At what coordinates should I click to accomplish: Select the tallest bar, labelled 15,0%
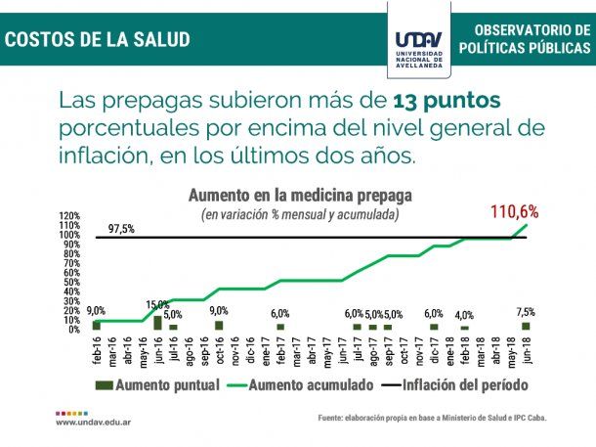coord(157,322)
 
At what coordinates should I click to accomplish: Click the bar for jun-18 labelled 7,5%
coord(526,326)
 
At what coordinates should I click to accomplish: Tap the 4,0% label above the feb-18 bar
coord(464,315)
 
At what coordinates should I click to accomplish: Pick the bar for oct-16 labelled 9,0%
coord(219,325)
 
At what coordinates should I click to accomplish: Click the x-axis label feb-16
coord(97,350)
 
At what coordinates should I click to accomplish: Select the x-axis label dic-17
coord(434,350)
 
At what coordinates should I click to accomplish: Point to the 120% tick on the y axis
coord(69,216)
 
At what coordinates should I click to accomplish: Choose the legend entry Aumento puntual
coord(156,386)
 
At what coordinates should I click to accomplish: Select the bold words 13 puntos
coord(447,101)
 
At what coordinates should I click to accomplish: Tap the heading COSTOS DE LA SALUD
coord(98,40)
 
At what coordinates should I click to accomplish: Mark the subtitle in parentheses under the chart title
coord(300,213)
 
